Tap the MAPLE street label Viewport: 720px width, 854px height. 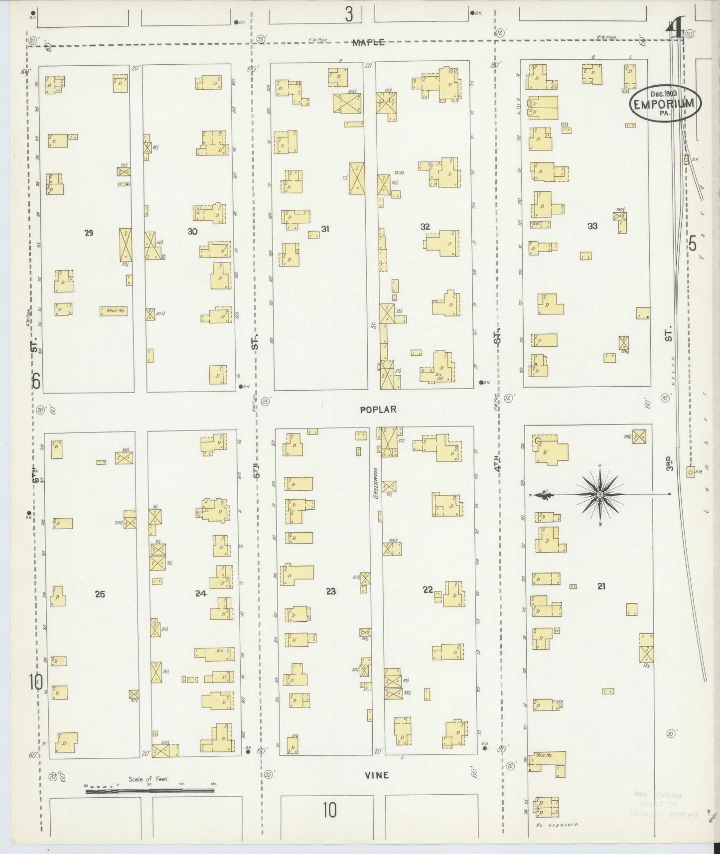368,43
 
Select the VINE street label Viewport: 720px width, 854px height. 377,775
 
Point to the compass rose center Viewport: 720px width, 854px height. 600,494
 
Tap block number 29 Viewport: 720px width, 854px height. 89,232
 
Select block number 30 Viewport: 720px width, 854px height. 192,231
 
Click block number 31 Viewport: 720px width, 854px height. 325,229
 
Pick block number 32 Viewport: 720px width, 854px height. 425,227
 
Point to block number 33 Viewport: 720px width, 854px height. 592,226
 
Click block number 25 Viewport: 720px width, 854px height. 100,594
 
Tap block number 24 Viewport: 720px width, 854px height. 201,593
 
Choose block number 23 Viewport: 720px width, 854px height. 331,591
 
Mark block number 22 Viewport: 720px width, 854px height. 428,590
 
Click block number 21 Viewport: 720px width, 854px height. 601,586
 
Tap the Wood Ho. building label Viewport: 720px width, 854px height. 114,311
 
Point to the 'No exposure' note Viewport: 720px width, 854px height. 557,825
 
